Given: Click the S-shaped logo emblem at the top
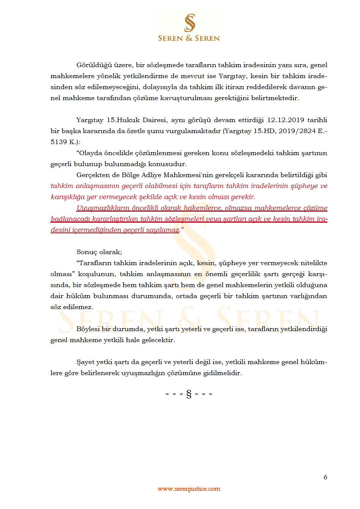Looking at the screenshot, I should point(189,23).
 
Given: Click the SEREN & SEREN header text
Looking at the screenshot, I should point(189,38).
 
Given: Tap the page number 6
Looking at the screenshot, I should point(325,477).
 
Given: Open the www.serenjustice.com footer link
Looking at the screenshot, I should point(189,489).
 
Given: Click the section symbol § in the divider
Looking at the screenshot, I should point(189,394).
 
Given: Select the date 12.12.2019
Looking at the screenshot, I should point(285,120).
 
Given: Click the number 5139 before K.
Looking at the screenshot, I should point(59,142).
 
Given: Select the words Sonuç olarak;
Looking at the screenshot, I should point(99,252).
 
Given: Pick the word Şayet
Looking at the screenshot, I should point(85,362).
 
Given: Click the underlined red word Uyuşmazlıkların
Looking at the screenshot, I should point(103,208).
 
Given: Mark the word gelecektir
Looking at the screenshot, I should point(158,340).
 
